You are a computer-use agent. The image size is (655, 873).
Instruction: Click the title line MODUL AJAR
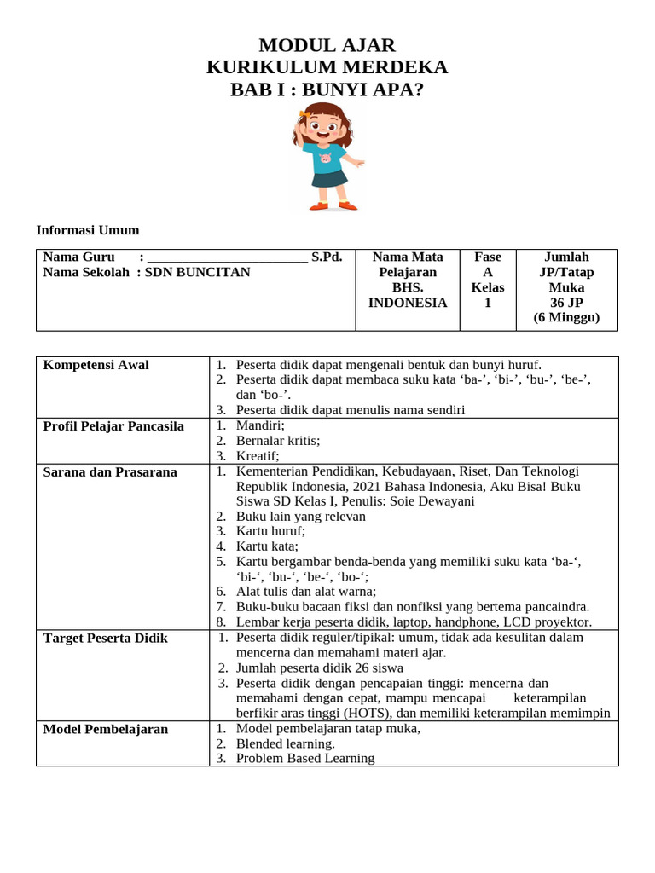327,46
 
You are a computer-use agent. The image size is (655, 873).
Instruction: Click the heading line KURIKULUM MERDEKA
327,68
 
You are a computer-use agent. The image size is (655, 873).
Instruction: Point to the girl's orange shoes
333,205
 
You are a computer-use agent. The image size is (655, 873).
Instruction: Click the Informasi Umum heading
87,230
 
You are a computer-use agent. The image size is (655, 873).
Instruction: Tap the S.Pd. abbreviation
327,257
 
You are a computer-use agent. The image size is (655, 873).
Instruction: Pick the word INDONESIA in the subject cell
407,303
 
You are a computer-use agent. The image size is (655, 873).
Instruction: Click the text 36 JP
566,303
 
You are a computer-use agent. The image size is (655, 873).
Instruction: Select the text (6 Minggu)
566,318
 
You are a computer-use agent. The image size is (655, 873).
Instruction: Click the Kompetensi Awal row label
96,365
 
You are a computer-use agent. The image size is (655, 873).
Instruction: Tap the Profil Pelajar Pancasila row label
113,426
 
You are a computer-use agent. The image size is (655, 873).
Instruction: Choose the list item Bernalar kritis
278,441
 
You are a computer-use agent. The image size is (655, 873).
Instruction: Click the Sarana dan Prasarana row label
110,472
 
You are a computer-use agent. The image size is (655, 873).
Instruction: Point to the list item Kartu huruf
270,531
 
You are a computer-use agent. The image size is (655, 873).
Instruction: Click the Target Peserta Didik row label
105,639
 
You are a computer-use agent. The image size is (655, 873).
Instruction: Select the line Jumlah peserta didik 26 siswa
320,668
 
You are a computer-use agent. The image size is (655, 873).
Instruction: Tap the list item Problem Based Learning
305,758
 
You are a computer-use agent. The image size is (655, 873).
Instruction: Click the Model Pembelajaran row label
105,729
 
